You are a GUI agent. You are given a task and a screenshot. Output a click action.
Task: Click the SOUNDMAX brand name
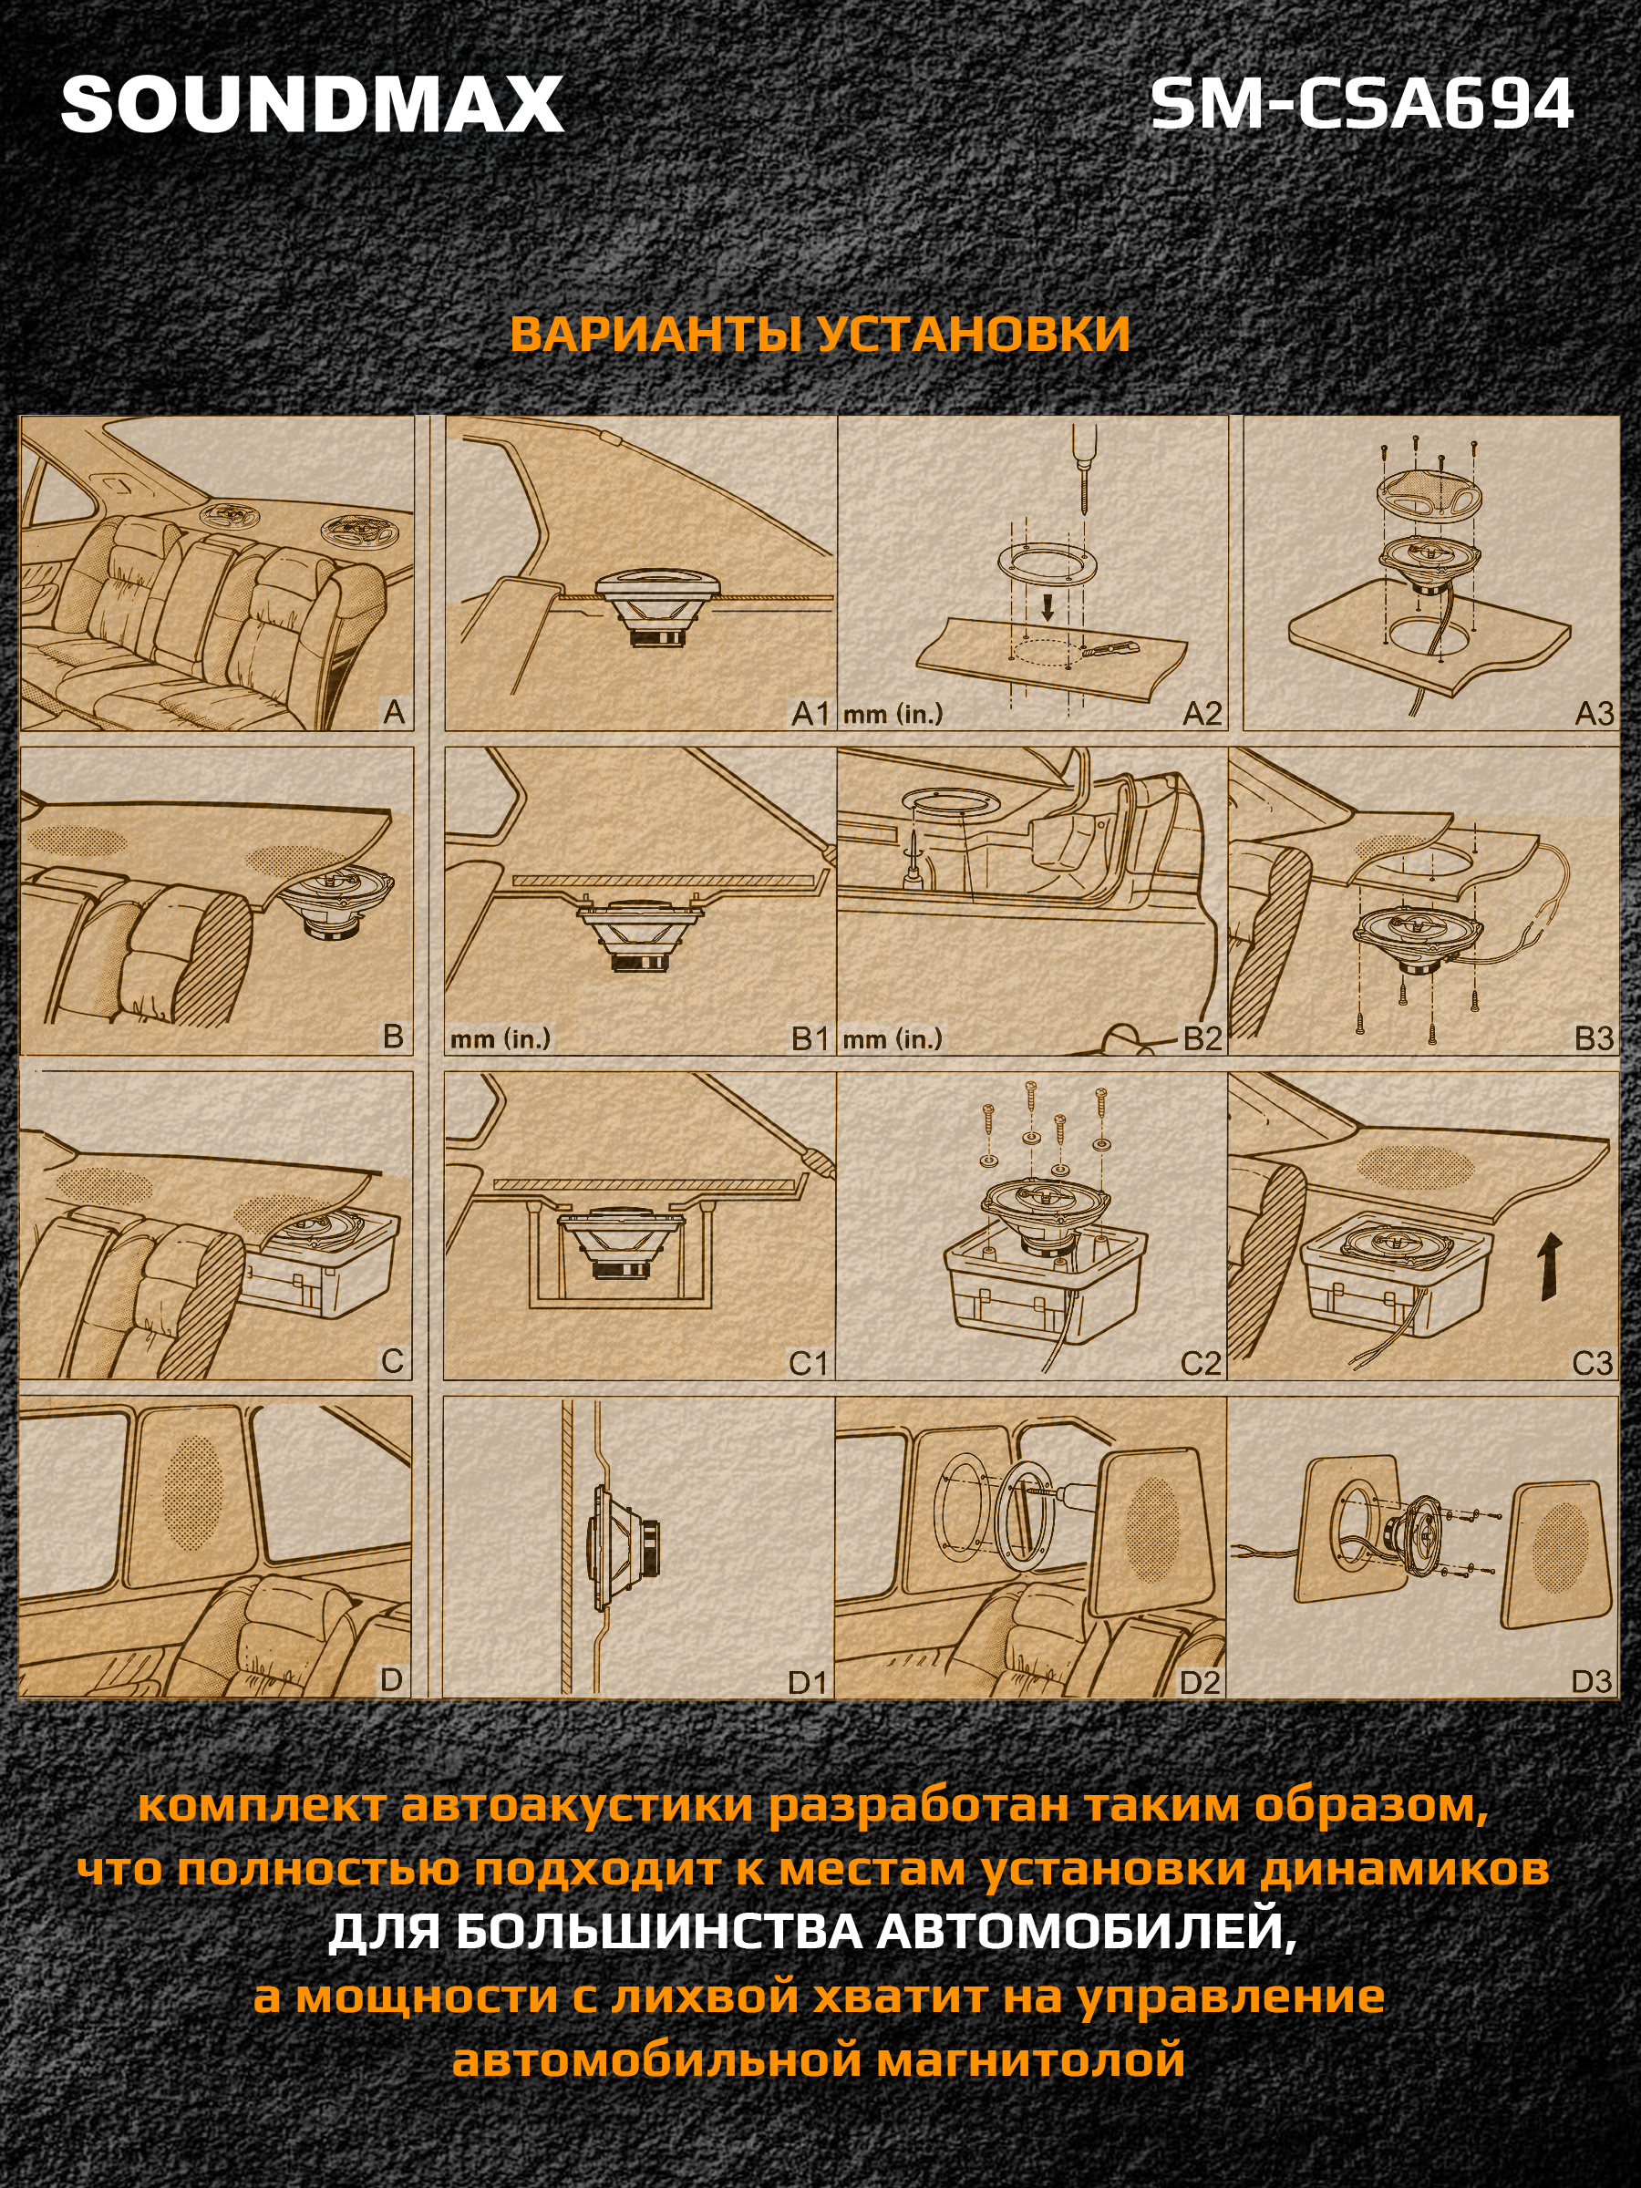click(313, 105)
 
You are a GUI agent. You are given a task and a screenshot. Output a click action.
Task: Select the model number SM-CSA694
click(1362, 105)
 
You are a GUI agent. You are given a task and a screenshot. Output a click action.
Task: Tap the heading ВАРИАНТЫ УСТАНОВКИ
click(820, 335)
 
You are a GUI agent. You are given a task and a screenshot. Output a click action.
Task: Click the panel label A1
click(810, 713)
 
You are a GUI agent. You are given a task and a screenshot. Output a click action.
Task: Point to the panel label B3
click(1594, 1038)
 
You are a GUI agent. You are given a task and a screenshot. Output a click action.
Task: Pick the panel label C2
click(1201, 1364)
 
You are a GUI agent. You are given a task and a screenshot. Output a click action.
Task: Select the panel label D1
click(807, 1681)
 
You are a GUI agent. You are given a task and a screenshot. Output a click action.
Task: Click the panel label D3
click(1592, 1681)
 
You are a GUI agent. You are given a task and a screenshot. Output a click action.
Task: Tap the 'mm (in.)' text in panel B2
click(893, 1039)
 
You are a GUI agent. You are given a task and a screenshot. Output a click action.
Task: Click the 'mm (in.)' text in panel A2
click(893, 714)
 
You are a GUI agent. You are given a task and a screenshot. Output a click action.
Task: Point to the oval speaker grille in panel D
click(194, 1493)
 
